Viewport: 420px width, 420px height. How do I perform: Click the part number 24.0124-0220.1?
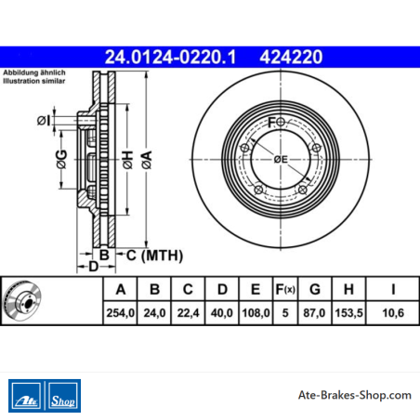[x=170, y=57]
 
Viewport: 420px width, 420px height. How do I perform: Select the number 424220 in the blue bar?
[x=291, y=57]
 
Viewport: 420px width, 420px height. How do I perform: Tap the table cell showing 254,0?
[x=121, y=313]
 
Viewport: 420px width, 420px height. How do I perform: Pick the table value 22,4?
[x=188, y=313]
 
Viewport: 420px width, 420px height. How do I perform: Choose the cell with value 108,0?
[x=256, y=313]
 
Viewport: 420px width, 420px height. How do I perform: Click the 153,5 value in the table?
[x=348, y=313]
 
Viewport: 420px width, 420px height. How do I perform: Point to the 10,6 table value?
[x=393, y=313]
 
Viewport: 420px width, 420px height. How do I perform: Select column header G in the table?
[x=315, y=289]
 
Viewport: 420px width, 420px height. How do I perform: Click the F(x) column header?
[x=285, y=289]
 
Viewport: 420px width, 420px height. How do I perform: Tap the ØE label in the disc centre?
[x=281, y=159]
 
